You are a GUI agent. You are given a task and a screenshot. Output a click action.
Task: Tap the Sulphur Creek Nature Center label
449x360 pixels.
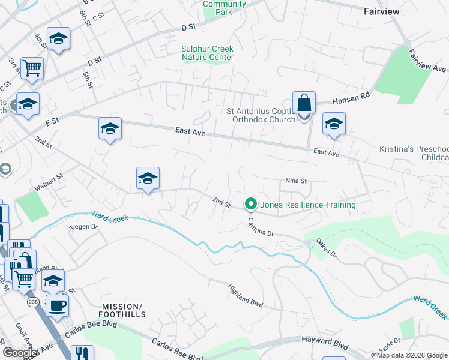tap(208, 53)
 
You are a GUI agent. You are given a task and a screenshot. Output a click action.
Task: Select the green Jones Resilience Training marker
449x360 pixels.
tap(251, 205)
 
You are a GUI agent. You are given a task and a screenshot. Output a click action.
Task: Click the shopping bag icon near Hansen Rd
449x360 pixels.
tap(304, 103)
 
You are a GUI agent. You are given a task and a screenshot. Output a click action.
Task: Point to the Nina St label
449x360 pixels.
tap(296, 181)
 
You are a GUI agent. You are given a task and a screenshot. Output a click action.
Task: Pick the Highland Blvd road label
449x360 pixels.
tap(246, 295)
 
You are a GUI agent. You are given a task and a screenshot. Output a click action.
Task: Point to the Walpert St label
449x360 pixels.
tap(49, 184)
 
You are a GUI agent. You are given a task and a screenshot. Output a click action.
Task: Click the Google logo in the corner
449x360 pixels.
tap(20, 353)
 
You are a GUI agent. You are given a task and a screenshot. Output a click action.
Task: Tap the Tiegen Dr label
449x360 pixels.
tap(83, 226)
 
